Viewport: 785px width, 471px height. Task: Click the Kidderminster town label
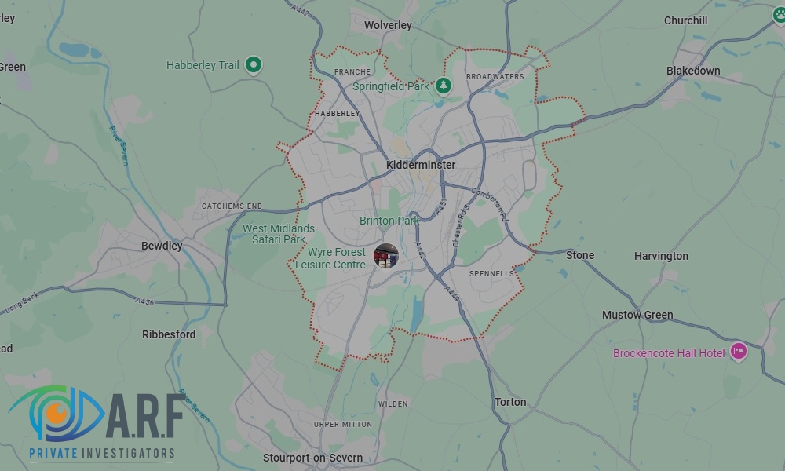coord(421,165)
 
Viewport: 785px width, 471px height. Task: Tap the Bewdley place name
coord(162,246)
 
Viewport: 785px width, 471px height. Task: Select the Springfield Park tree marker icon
coord(444,85)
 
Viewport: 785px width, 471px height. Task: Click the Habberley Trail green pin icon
coord(253,64)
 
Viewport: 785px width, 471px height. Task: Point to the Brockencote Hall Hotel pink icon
coord(738,352)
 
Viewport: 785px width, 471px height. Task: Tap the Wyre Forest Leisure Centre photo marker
coord(385,255)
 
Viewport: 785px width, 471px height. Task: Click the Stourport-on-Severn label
coord(312,458)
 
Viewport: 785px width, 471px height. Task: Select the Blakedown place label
coord(693,71)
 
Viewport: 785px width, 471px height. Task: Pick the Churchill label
coord(685,20)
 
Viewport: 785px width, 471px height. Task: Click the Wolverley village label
coord(388,25)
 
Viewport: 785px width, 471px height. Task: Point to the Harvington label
coord(661,256)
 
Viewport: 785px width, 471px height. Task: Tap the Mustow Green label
coord(637,315)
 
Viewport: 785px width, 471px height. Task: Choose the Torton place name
coord(510,402)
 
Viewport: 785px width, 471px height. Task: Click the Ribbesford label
coord(169,334)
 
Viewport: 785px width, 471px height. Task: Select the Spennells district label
coord(491,274)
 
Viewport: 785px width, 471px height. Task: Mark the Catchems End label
coord(232,206)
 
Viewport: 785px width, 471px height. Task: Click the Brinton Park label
coord(389,221)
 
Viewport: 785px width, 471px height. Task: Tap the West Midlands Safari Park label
coord(278,234)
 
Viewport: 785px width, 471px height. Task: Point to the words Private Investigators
coord(101,453)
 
